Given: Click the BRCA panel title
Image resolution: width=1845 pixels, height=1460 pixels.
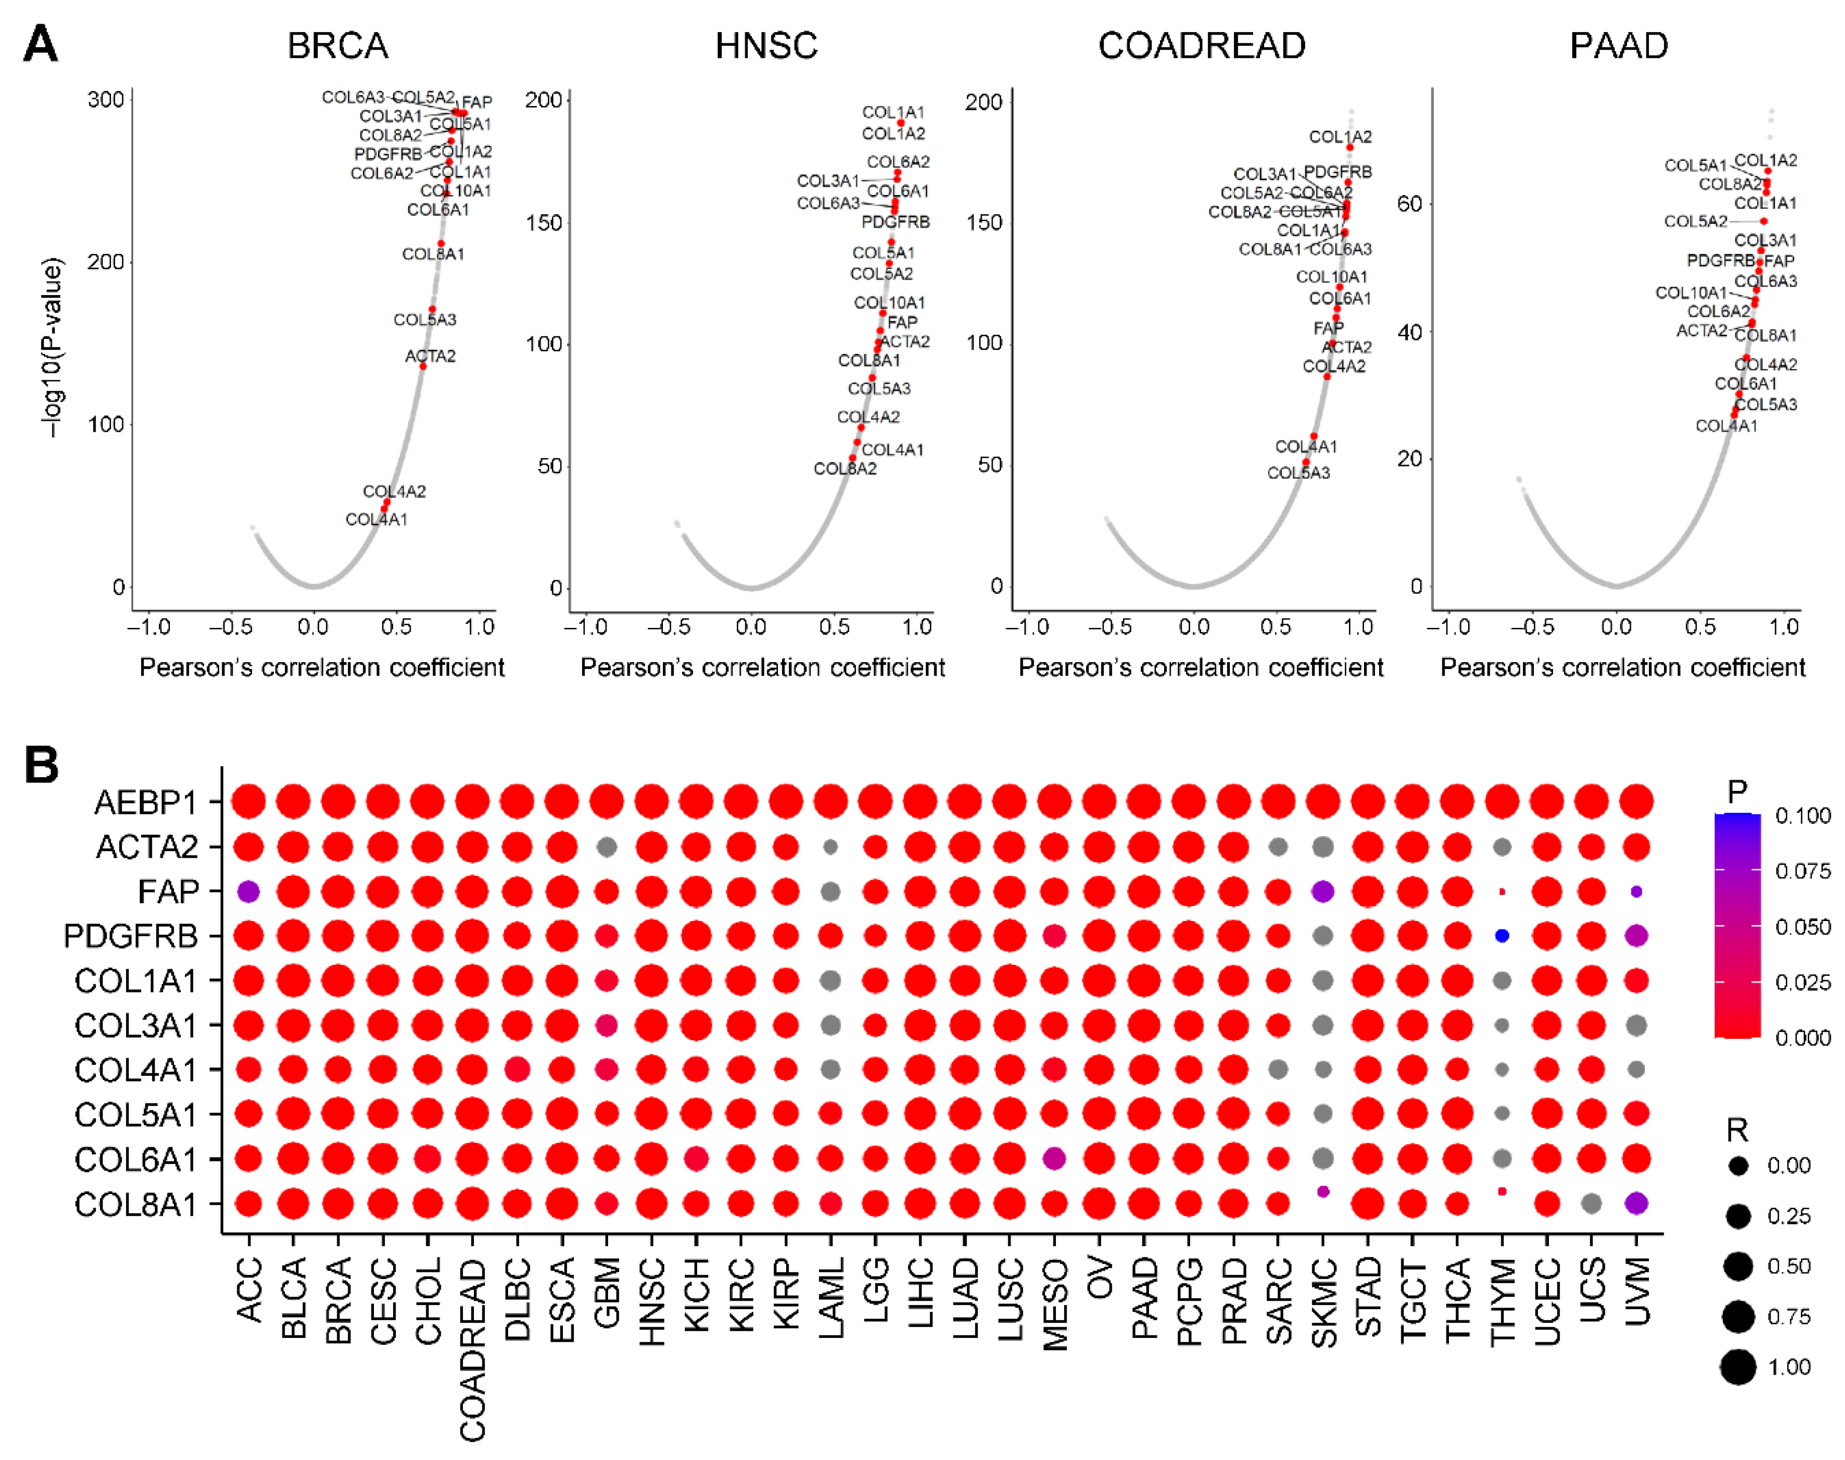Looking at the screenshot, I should pos(338,45).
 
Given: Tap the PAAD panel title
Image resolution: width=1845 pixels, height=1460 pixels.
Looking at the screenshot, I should pos(1618,45).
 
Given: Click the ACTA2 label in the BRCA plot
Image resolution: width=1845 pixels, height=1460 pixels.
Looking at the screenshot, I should pos(430,355).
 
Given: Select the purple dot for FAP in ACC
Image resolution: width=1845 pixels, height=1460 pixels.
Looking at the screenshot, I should pos(249,891).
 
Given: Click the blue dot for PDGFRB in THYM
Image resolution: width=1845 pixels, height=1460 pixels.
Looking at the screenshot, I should pos(1501,936).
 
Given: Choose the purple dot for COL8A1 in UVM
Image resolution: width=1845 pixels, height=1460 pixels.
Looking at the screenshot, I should pos(1635,1204).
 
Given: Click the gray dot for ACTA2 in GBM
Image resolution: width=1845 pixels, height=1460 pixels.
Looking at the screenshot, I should pos(607,847).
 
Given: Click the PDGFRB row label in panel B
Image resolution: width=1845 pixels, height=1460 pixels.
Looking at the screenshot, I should pos(131,936).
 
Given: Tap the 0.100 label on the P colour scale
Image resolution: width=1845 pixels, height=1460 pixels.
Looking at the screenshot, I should pos(1802,815).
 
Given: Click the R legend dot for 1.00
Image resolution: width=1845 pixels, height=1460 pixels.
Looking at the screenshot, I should pos(1737,1367).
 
